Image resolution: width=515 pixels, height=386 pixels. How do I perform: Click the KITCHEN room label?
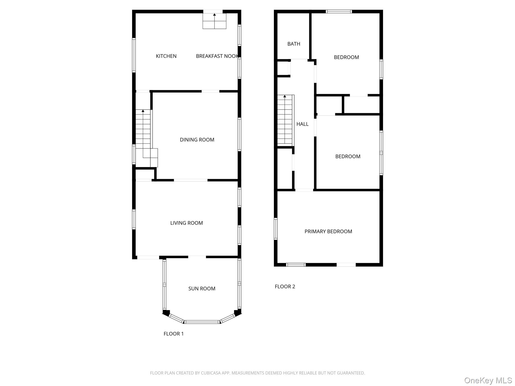(166, 56)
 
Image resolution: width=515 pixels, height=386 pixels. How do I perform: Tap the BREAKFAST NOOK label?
(217, 56)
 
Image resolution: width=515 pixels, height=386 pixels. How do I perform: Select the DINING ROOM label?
(197, 140)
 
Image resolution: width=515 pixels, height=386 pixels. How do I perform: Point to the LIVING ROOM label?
(186, 223)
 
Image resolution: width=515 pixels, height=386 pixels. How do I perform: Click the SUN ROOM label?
(202, 288)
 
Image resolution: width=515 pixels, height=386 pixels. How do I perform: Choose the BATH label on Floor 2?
(294, 44)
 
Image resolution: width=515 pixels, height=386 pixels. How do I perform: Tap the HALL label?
(302, 124)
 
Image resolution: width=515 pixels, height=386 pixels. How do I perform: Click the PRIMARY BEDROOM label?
(328, 231)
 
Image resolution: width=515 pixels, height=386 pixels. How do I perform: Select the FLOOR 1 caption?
(174, 334)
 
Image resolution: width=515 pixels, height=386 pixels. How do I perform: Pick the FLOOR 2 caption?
(285, 286)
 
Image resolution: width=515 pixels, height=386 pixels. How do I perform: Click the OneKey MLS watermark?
(488, 380)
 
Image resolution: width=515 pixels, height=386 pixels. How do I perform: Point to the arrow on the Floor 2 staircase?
(285, 96)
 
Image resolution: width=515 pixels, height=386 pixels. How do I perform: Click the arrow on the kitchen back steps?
(214, 15)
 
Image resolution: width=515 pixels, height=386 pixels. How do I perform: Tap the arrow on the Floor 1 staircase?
(143, 111)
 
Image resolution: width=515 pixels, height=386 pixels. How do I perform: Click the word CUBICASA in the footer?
(211, 373)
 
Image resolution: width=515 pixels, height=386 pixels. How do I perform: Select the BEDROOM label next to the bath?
(346, 57)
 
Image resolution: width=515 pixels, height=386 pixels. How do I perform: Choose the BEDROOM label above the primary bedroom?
(348, 156)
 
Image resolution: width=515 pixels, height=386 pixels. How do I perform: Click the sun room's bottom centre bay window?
(202, 322)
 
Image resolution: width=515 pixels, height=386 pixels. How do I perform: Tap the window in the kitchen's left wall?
(134, 55)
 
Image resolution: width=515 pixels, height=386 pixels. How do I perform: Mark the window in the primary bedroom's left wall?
(276, 229)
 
